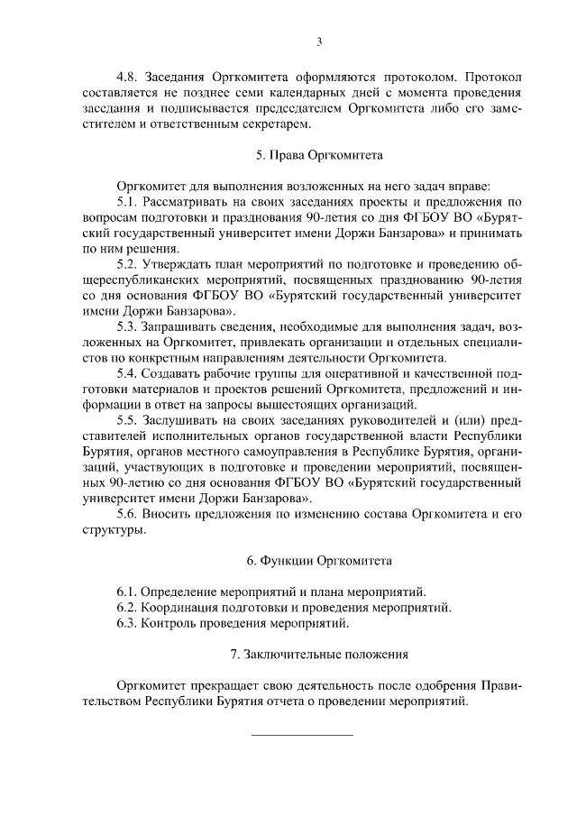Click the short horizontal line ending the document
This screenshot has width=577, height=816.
point(301,734)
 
